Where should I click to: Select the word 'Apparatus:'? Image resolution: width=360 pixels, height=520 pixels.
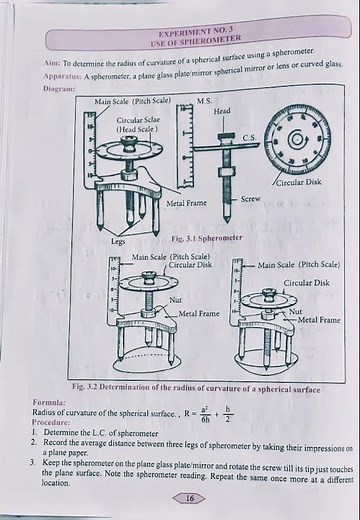pyautogui.click(x=63, y=76)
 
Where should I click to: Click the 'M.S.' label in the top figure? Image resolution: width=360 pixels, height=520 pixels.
pyautogui.click(x=204, y=102)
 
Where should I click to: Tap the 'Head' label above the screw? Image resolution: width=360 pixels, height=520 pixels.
pyautogui.click(x=222, y=111)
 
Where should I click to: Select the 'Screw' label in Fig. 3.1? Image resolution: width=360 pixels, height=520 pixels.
pyautogui.click(x=250, y=199)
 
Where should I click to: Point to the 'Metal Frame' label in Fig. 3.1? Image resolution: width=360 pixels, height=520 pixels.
pyautogui.click(x=187, y=203)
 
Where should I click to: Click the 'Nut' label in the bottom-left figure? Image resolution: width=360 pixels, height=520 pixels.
pyautogui.click(x=175, y=299)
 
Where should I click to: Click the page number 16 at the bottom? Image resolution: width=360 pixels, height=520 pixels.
pyautogui.click(x=189, y=497)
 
